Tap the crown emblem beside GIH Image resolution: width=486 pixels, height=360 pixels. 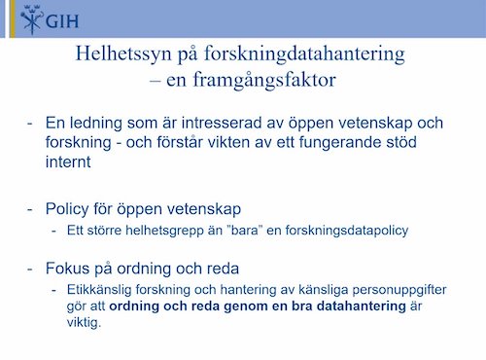(18, 18)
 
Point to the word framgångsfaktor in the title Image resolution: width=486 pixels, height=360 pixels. (261, 81)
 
